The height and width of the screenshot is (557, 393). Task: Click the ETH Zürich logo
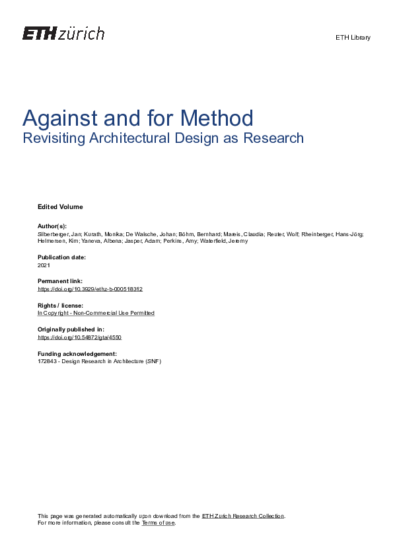(63, 34)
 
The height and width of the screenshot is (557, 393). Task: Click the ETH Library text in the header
(353, 38)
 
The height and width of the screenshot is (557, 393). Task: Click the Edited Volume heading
(60, 207)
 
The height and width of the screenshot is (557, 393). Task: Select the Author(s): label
(52, 226)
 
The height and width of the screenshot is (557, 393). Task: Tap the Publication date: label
(62, 257)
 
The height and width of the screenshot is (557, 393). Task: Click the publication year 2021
(44, 265)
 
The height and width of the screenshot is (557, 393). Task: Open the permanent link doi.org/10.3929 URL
(90, 289)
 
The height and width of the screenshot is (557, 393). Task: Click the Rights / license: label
(60, 305)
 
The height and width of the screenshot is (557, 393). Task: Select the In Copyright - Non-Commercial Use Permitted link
(96, 313)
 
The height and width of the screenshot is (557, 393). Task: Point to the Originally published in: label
(71, 329)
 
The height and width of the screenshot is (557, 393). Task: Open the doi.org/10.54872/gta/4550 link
(79, 337)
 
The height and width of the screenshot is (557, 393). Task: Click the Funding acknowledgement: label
(77, 353)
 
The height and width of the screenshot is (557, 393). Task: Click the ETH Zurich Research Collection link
(243, 516)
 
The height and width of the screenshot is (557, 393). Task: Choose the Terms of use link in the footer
(159, 523)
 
